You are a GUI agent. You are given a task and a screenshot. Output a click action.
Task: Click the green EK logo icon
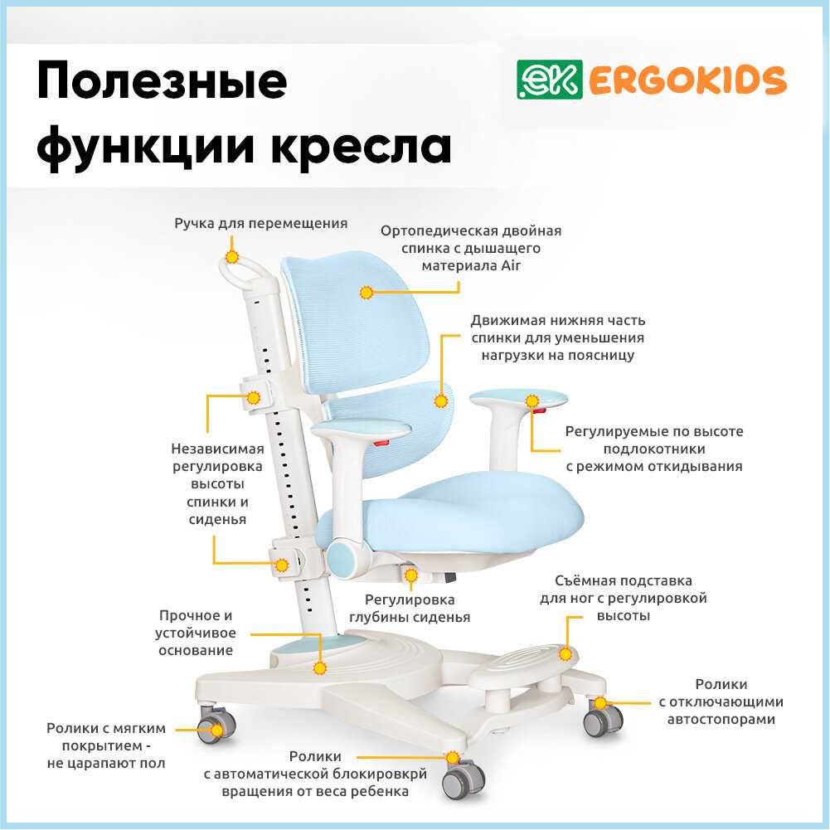pyautogui.click(x=539, y=80)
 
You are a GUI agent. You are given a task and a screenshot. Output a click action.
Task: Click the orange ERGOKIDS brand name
pyautogui.click(x=687, y=80)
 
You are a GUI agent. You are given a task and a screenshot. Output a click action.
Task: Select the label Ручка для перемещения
pyautogui.click(x=260, y=224)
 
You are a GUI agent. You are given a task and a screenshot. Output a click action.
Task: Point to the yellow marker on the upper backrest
pyautogui.click(x=366, y=292)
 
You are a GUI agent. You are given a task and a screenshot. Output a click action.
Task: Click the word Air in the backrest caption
pyautogui.click(x=508, y=265)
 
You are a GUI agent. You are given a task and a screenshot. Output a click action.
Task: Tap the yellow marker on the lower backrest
pyautogui.click(x=440, y=401)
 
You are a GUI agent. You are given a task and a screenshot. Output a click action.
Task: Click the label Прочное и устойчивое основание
pyautogui.click(x=196, y=633)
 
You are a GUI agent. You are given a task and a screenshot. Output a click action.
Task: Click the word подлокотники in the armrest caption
pyautogui.click(x=654, y=449)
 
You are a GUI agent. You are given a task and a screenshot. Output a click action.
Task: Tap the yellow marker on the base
pyautogui.click(x=320, y=667)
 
